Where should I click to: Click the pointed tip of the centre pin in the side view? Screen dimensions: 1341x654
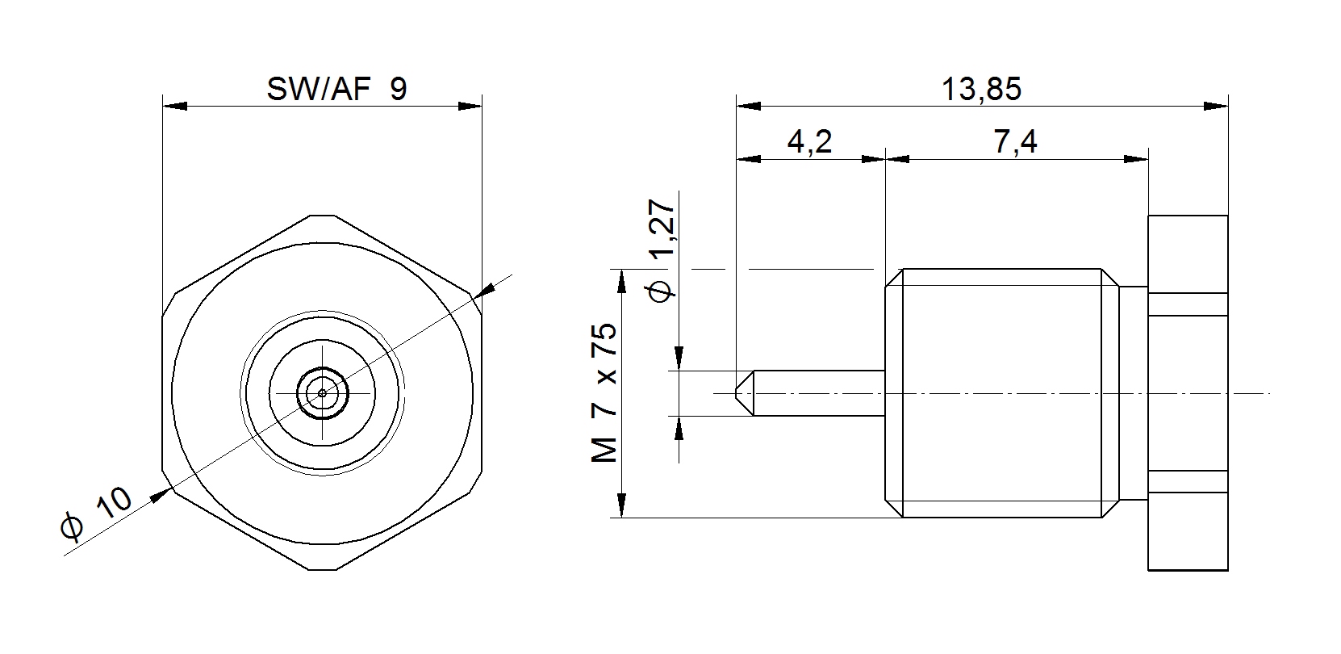[737, 393]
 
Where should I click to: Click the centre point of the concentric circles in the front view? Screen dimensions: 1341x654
[323, 393]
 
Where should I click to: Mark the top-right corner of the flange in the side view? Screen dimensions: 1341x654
[1228, 216]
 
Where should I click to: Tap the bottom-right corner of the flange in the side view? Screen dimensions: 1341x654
[1228, 570]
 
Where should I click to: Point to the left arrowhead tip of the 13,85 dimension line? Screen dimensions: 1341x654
[737, 106]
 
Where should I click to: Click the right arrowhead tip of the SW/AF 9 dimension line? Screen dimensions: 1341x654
[482, 106]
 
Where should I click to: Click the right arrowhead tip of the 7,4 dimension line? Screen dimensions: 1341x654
[1148, 159]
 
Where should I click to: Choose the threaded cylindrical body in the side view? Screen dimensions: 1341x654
[1001, 393]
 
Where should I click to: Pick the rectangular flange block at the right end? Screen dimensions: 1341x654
[1188, 393]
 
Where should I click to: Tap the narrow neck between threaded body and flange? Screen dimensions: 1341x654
[1133, 393]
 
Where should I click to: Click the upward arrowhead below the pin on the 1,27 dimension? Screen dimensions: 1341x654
[679, 428]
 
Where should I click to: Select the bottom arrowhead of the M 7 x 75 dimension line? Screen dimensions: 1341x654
[622, 505]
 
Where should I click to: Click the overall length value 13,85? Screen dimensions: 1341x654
[982, 90]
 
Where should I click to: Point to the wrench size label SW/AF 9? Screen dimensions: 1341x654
[337, 90]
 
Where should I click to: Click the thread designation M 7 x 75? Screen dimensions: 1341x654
[604, 393]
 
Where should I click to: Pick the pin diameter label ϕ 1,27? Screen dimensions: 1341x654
[662, 251]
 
